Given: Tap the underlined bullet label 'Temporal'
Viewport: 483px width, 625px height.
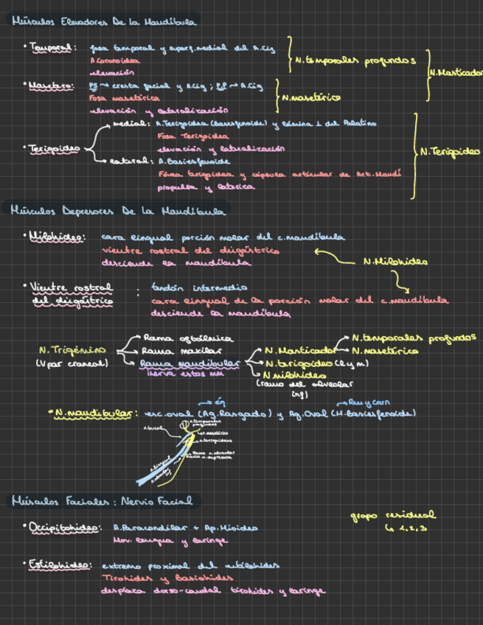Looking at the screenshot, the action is [x=50, y=49].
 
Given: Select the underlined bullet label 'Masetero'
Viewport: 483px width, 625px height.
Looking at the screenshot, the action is [x=51, y=86].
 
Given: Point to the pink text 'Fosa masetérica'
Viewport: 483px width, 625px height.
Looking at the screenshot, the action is [x=114, y=97].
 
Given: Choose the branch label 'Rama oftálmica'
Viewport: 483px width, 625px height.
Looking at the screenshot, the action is [x=178, y=338].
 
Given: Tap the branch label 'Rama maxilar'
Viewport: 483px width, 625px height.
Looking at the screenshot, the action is [x=173, y=351].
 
